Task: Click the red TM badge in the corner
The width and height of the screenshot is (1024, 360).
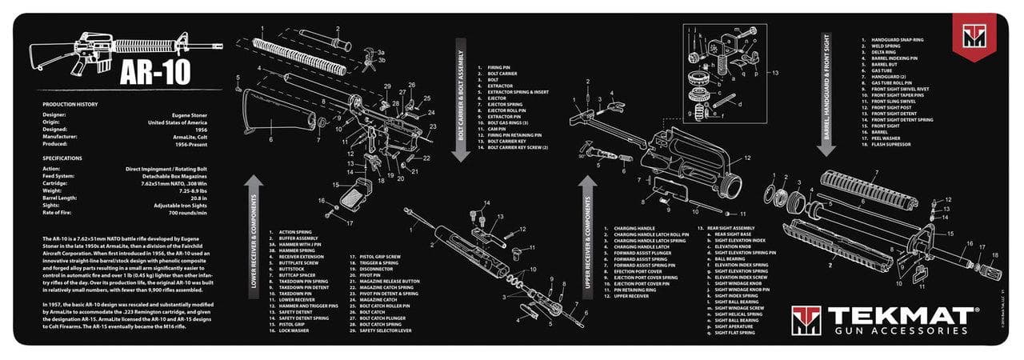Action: tap(974, 36)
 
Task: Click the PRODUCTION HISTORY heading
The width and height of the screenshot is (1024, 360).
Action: tap(70, 105)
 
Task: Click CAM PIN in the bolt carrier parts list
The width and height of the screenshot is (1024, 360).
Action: tap(498, 128)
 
